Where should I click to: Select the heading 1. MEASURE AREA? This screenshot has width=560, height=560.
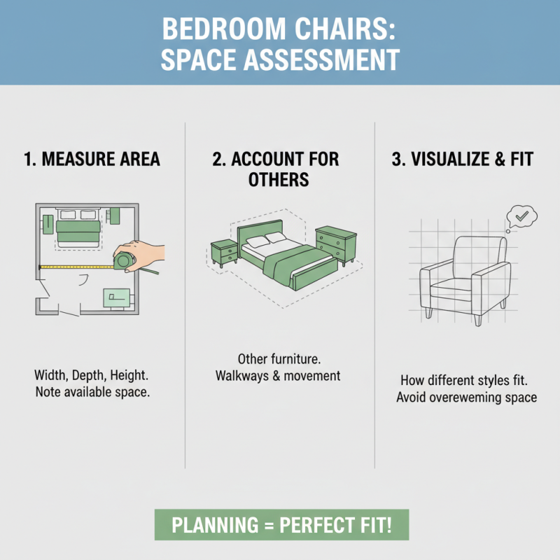[x=92, y=159]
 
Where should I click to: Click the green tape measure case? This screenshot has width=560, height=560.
[x=125, y=261]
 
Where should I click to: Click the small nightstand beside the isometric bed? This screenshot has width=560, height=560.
[x=225, y=252]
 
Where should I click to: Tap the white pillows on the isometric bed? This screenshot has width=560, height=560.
[x=260, y=241]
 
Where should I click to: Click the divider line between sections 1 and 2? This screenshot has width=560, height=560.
[x=185, y=294]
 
